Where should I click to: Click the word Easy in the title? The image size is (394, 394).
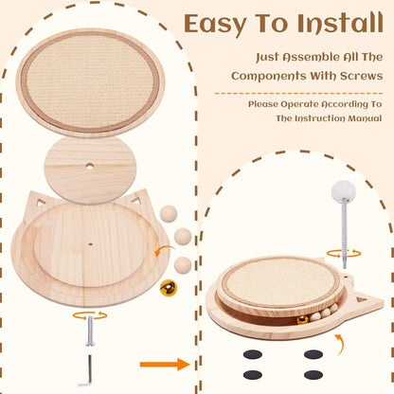pos(214,24)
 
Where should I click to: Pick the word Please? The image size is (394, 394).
pos(266,104)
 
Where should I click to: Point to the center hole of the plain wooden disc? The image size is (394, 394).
pos(90,168)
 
